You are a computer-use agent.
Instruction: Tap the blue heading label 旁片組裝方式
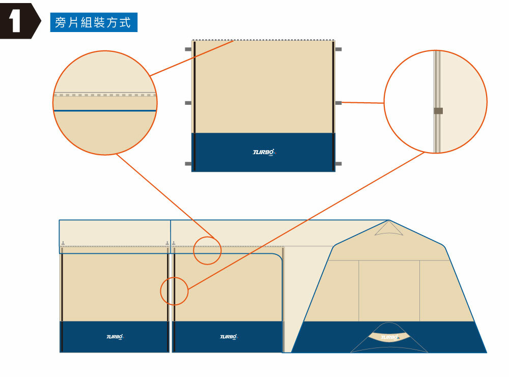coord(93,23)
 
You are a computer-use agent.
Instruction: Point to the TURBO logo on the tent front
coord(389,337)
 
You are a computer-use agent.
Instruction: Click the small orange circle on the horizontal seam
coord(208,250)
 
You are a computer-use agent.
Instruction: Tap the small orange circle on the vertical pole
coord(175,291)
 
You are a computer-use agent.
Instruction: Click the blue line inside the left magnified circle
coord(105,110)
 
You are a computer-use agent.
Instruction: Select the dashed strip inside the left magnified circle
coord(105,95)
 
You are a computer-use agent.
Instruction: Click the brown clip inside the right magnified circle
coord(438,111)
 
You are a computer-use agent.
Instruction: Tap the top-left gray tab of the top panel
coord(188,49)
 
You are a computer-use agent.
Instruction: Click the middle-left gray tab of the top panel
coord(188,103)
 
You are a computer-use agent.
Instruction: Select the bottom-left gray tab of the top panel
coord(188,164)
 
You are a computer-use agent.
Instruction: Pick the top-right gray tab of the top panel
coord(338,49)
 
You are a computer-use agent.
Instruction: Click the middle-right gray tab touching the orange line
coord(338,103)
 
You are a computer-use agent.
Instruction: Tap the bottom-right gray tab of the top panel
coord(338,164)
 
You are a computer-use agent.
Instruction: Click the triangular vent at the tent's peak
coord(388,229)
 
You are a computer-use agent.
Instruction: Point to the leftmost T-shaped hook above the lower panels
coord(63,243)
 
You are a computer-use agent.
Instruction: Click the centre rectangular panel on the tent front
coord(389,291)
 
